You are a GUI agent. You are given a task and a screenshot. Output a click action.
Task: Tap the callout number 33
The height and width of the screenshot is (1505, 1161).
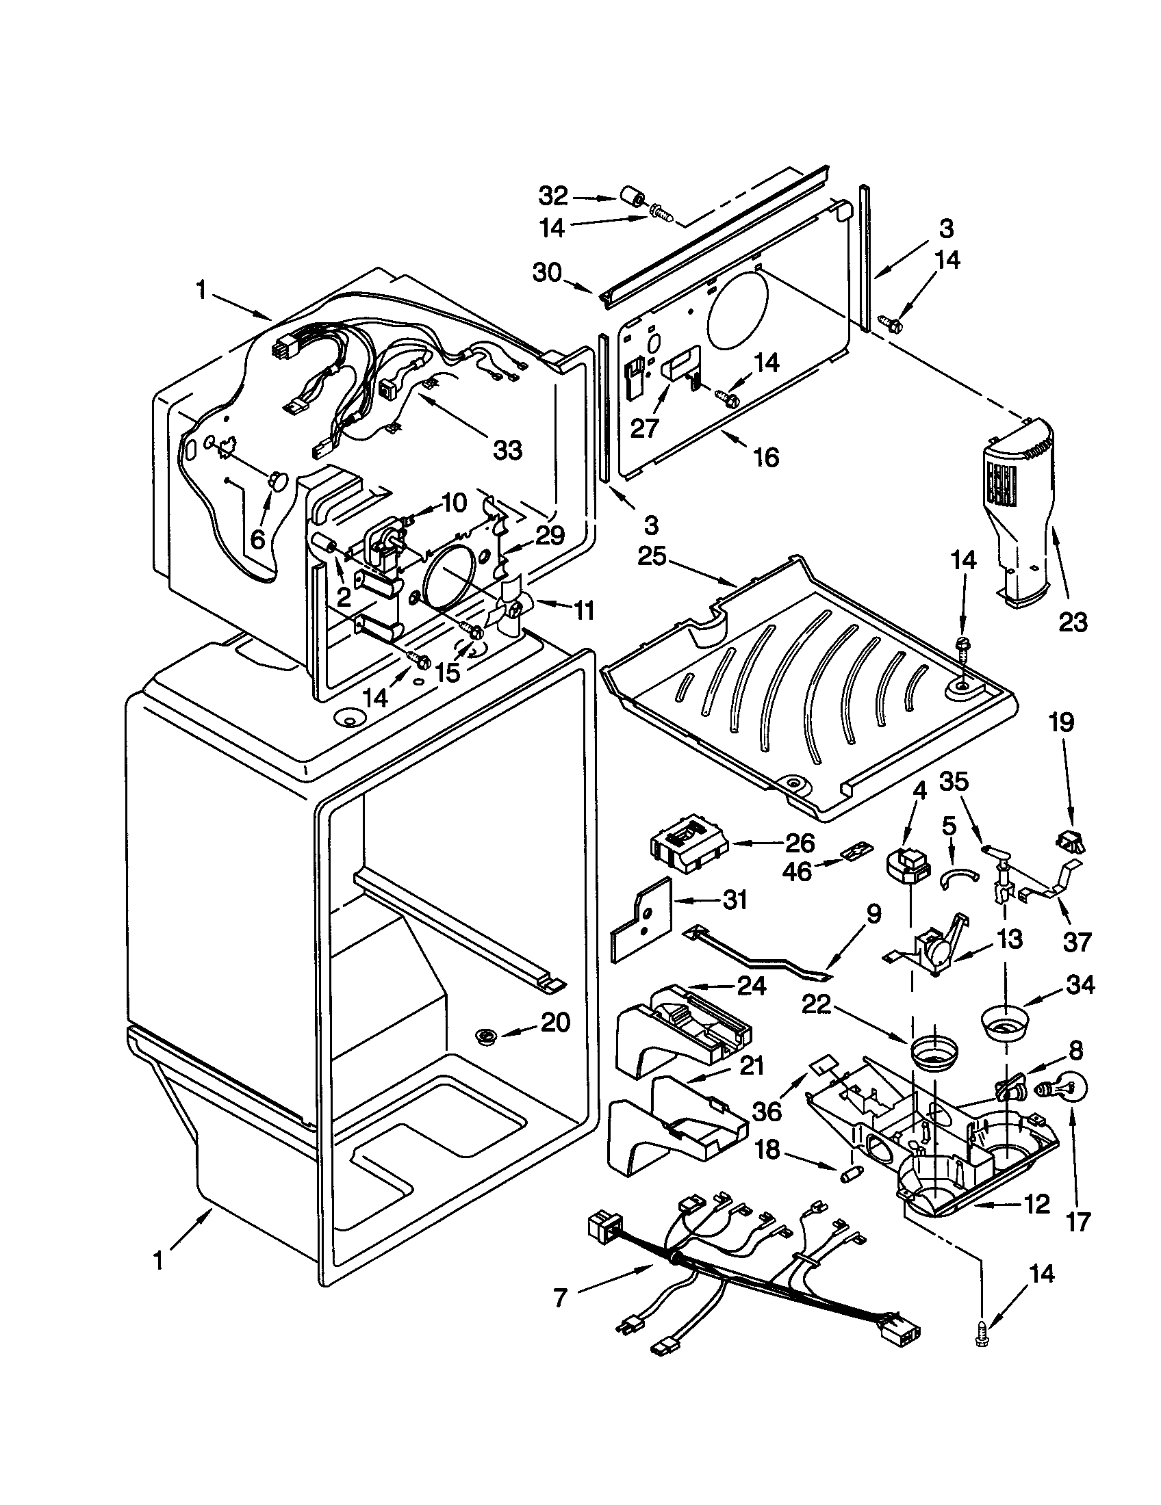coord(507,450)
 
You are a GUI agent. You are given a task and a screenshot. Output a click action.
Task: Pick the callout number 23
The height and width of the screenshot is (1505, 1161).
coord(1073,623)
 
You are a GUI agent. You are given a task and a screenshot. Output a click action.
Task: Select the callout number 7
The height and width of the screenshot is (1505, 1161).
coord(560,1299)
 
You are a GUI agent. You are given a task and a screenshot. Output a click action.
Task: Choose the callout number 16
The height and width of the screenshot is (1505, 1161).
coord(766,457)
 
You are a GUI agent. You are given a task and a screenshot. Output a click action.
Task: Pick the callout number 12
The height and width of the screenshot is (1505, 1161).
coord(1032,1204)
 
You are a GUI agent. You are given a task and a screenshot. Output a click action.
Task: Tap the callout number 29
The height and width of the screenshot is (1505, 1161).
coord(550,535)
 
